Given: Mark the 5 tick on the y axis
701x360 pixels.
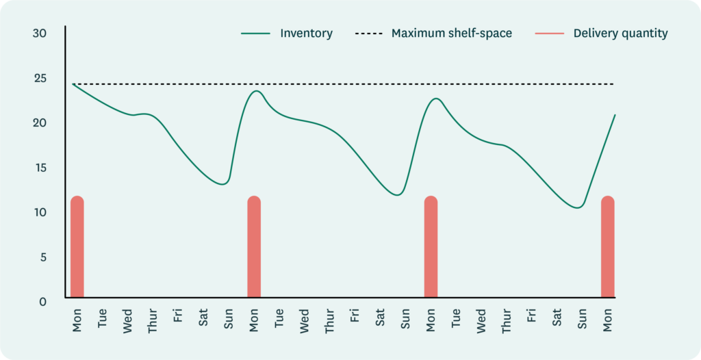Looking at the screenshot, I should [x=42, y=257].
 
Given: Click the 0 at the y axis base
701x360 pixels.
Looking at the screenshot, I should [x=42, y=300].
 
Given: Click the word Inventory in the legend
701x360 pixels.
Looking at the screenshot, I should [x=306, y=33].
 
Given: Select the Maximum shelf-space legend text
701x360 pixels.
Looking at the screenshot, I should [x=451, y=33].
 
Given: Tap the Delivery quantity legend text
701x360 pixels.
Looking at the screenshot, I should [x=620, y=33].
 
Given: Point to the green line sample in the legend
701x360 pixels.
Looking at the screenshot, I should [x=256, y=33].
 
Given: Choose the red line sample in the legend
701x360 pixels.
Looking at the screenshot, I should [x=549, y=33].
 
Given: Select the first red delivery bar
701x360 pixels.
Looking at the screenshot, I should [x=77, y=248].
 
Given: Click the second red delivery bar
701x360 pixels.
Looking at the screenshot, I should [x=254, y=248].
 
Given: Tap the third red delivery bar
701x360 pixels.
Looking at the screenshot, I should [x=431, y=248].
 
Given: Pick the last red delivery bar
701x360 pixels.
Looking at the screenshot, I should [x=607, y=248].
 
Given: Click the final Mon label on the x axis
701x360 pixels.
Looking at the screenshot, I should [x=607, y=318].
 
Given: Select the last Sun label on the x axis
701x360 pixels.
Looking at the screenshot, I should [x=582, y=319].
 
